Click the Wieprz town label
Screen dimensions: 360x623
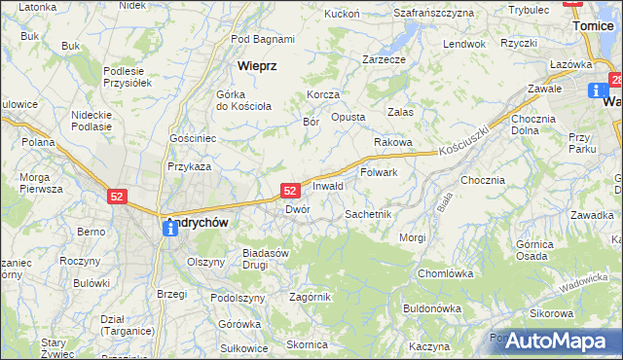click(x=258, y=65)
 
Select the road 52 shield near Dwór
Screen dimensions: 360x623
click(x=289, y=191)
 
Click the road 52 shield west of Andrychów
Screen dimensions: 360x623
click(x=117, y=197)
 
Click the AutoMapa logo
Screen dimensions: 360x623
click(x=555, y=342)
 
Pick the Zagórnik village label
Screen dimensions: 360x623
click(x=310, y=297)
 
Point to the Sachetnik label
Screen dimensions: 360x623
click(x=368, y=213)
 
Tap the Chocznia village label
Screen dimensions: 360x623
click(x=483, y=180)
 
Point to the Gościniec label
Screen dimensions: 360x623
click(x=192, y=139)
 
